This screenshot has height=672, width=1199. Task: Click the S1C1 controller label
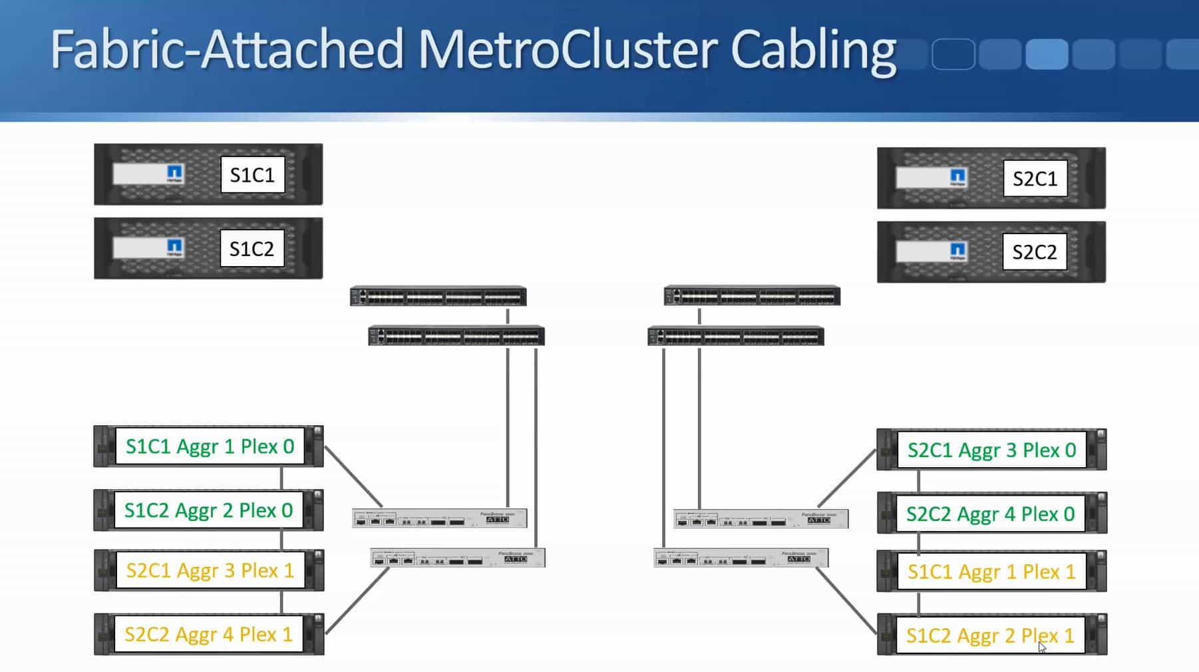point(252,175)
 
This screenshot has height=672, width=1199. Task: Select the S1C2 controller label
point(252,249)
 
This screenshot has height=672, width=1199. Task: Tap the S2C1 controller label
point(1035,178)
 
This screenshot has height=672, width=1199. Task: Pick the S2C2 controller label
point(1034,252)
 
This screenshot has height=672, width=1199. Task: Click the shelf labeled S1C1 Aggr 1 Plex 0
point(210,446)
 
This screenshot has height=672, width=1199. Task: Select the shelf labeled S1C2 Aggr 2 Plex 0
point(208,510)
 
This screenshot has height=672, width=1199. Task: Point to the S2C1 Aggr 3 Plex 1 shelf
point(210,570)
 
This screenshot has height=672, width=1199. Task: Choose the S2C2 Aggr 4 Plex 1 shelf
point(208,634)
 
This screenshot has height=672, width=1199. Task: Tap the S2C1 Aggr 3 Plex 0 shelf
point(991,450)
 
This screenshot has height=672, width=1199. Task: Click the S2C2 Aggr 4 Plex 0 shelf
point(990,514)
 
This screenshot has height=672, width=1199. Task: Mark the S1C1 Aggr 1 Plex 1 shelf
point(991,572)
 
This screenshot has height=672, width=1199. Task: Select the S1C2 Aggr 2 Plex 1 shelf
point(990,635)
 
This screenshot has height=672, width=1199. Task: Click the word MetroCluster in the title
point(566,49)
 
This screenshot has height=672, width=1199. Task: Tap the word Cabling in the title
point(813,51)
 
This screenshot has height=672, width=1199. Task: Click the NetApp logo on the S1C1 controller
point(174,174)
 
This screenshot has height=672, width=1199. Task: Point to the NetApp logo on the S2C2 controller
point(957,251)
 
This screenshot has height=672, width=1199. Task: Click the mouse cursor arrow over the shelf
point(1042,647)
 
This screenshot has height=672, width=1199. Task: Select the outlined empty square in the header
point(953,54)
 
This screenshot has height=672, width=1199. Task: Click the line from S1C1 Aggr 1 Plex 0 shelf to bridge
point(353,476)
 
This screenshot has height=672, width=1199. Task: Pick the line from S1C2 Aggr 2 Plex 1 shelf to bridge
point(846,601)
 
